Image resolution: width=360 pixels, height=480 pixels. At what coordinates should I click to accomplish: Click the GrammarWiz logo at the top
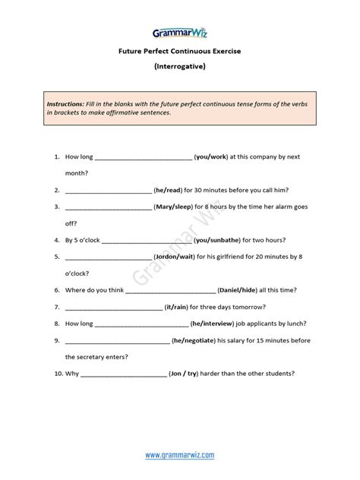(179, 33)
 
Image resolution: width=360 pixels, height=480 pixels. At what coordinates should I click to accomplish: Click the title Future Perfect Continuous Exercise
(179, 52)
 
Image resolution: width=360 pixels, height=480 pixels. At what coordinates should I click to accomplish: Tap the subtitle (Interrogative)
(179, 66)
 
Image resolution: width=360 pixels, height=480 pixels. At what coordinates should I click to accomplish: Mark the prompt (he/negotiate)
(200, 339)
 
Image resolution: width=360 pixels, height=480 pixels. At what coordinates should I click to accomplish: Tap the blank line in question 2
(109, 191)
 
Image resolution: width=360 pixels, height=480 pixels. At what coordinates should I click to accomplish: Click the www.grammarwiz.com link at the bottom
(179, 455)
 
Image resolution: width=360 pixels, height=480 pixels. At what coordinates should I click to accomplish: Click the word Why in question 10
(72, 373)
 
